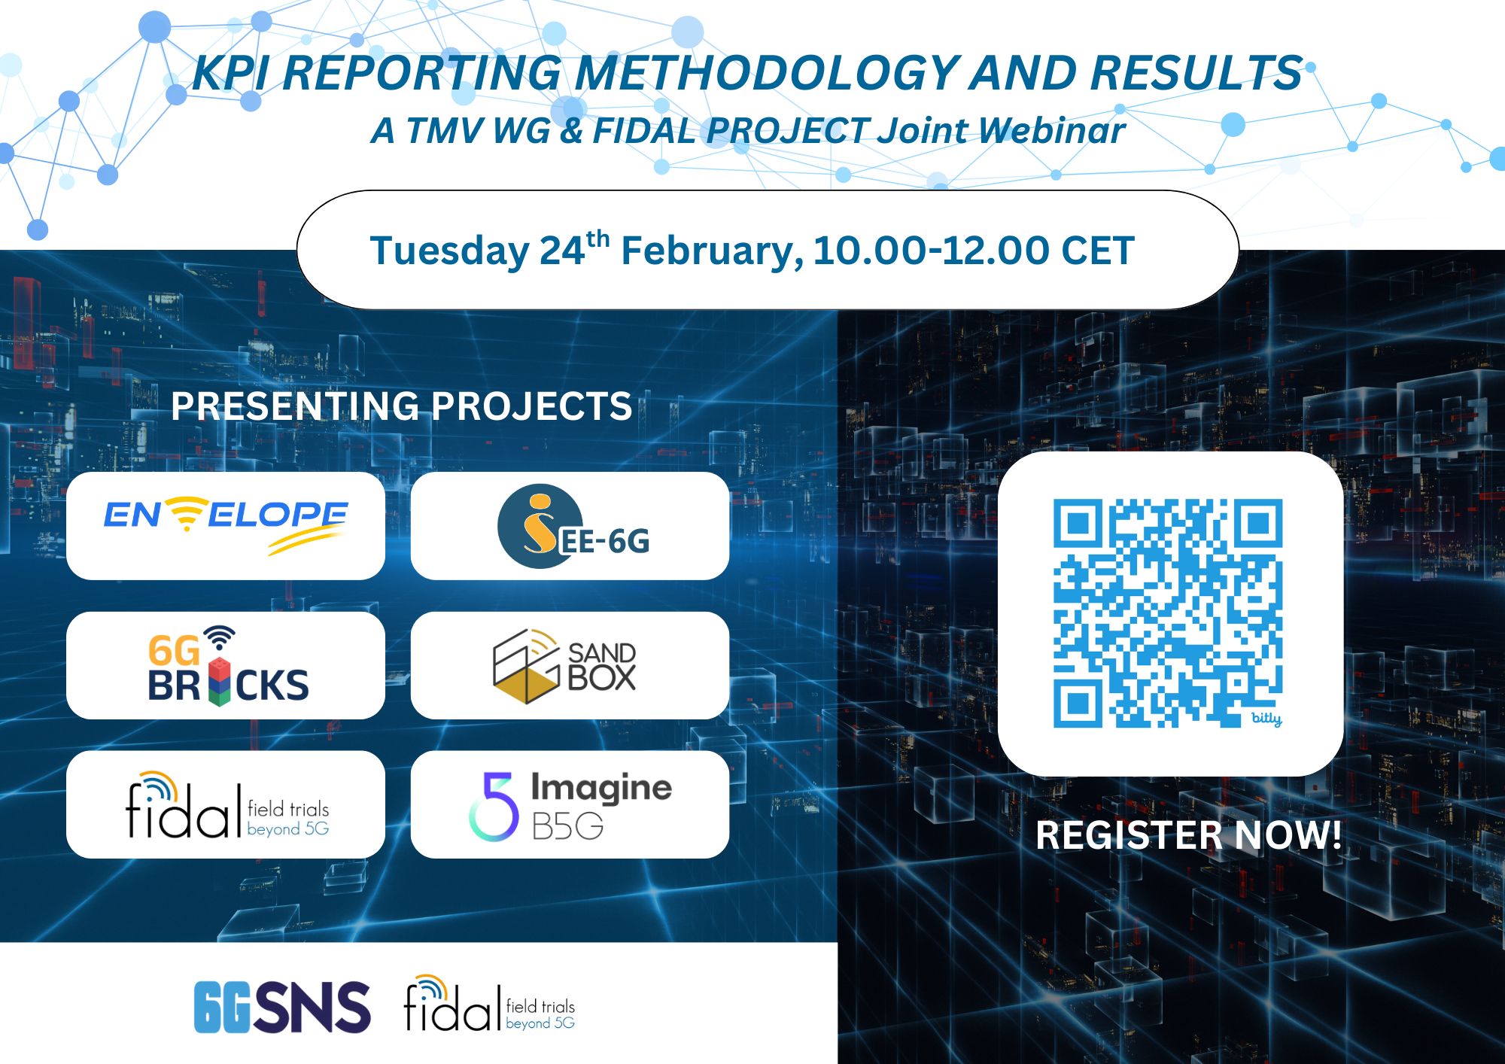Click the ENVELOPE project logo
(x=226, y=525)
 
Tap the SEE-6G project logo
(x=573, y=526)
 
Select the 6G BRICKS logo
(x=228, y=665)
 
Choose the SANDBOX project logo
(x=564, y=666)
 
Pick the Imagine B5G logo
(x=570, y=805)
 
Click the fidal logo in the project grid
(x=227, y=804)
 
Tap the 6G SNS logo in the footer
(x=282, y=1007)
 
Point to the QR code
(x=1168, y=613)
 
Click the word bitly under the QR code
(x=1266, y=718)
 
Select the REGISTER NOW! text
(x=1188, y=835)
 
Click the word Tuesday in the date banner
(x=450, y=252)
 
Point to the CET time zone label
(x=1097, y=251)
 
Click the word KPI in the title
(x=230, y=73)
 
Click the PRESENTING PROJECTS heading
(x=401, y=406)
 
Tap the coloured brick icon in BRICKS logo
(x=218, y=681)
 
